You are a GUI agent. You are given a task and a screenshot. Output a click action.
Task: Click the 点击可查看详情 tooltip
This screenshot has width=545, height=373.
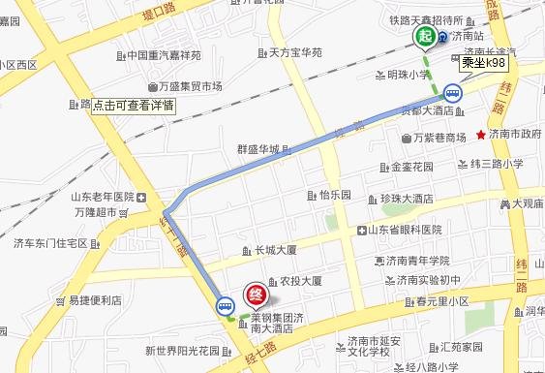click(133, 105)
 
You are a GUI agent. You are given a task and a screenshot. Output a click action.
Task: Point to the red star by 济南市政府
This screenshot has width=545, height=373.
click(482, 134)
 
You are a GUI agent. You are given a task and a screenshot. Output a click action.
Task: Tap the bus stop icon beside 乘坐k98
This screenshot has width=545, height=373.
click(452, 94)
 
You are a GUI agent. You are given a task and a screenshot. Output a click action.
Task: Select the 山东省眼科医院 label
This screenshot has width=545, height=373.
click(404, 230)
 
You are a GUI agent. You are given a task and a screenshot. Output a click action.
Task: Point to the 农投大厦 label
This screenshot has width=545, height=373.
click(300, 281)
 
